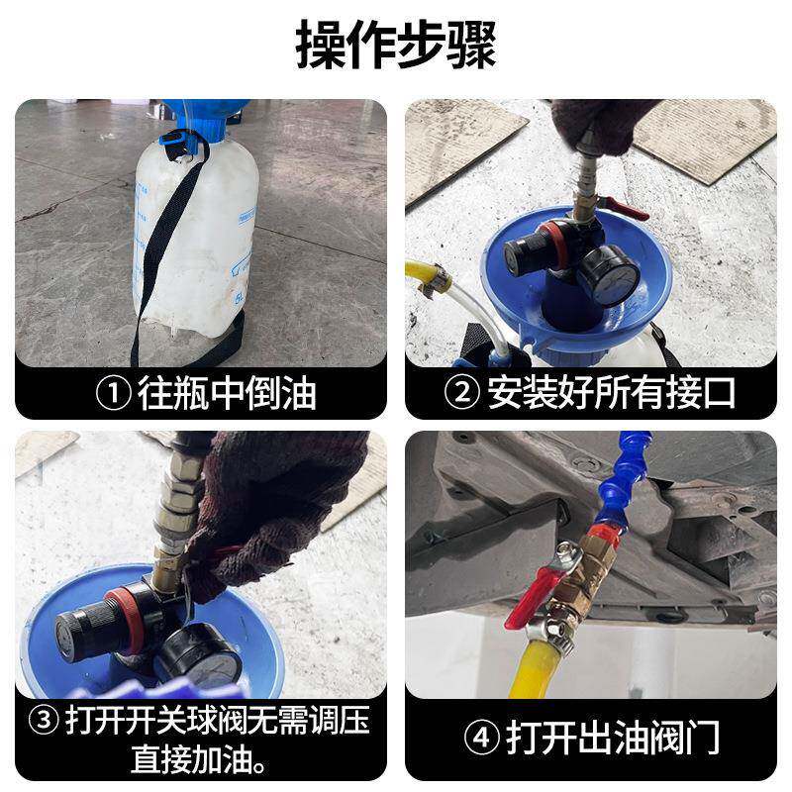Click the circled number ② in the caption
(461, 393)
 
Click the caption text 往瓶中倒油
(227, 393)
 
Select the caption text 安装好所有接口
(612, 393)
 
